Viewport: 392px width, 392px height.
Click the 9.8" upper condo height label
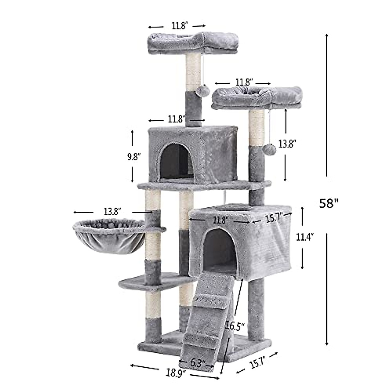pyautogui.click(x=134, y=156)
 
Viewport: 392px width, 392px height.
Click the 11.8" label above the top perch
pyautogui.click(x=177, y=25)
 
